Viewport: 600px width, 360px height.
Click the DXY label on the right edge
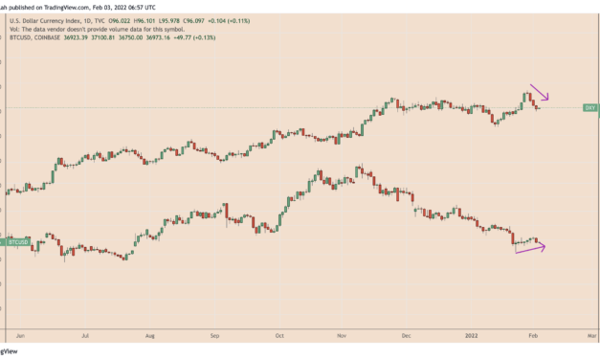590,108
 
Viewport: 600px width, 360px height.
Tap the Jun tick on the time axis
21,337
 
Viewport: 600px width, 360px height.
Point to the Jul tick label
86,337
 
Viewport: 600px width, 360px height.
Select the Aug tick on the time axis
150,337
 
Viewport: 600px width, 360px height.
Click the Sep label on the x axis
215,337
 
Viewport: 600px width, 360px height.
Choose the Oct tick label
278,337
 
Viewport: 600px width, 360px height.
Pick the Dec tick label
406,337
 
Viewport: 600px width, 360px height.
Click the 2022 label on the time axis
470,337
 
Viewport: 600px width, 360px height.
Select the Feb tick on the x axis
534,337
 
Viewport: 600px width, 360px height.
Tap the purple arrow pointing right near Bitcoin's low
531,249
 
